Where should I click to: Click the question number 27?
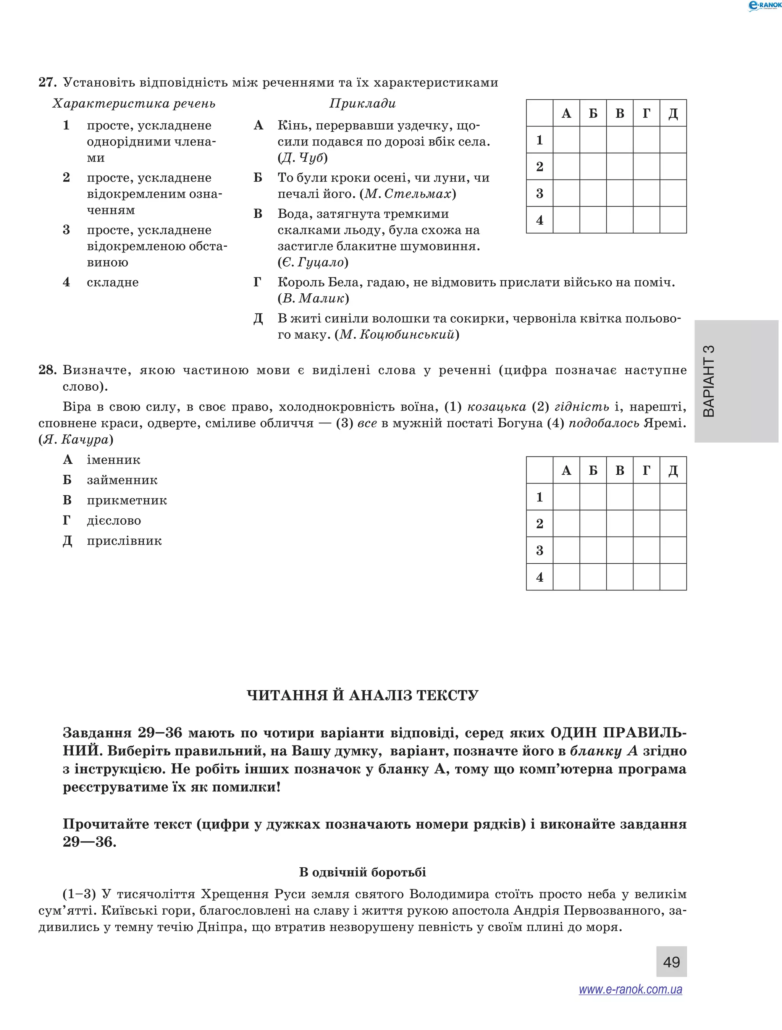47,82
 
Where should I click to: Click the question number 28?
47,370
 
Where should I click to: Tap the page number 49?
671,962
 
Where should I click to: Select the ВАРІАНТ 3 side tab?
735,381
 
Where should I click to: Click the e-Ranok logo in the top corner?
764,6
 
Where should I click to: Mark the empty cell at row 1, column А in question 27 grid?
566,140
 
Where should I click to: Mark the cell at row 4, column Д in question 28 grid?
673,577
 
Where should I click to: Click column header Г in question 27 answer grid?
646,113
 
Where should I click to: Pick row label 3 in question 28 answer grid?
540,550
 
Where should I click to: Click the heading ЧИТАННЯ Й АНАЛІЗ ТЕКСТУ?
362,695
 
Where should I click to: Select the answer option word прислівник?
124,541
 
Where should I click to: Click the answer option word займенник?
122,480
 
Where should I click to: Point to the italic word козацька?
496,407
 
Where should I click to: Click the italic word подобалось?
604,423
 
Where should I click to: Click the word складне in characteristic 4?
113,282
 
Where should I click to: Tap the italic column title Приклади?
362,103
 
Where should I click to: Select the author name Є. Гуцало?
313,262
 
